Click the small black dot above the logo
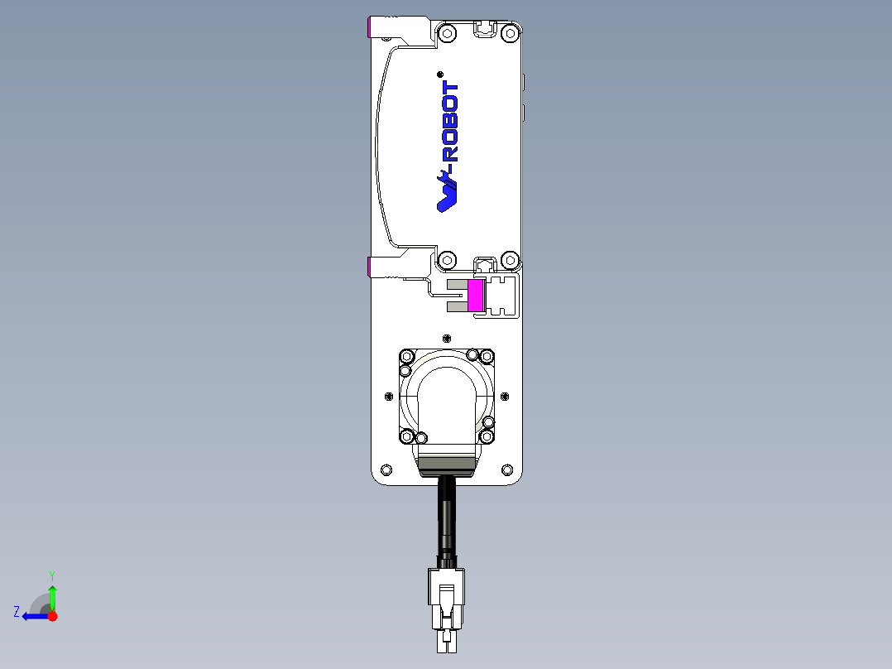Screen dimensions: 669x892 [439, 74]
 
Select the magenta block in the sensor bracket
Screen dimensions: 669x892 [476, 296]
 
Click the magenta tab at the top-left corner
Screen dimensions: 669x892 [370, 28]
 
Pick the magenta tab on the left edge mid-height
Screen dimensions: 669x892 [370, 267]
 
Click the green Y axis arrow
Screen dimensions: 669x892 [52, 596]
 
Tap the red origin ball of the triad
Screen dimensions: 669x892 [52, 616]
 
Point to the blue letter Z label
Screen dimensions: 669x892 [17, 612]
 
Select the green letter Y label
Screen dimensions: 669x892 [52, 575]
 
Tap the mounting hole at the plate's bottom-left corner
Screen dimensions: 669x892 [385, 469]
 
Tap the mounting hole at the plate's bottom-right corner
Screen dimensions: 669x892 [507, 469]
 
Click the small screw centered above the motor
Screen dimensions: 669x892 [448, 338]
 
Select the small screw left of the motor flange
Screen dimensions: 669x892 [389, 396]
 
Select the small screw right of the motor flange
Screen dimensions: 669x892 [505, 396]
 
